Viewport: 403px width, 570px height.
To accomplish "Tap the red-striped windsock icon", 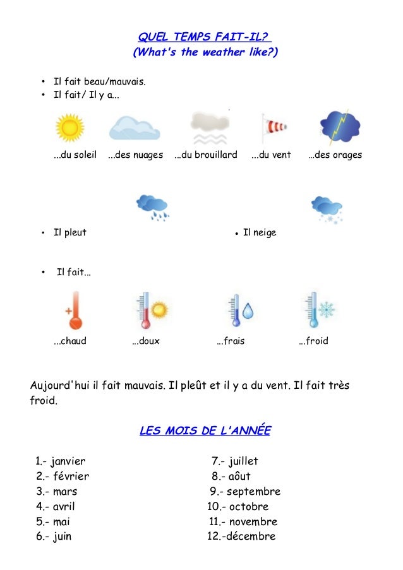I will coord(273,128).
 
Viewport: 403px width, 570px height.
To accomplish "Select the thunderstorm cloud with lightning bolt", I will coord(340,127).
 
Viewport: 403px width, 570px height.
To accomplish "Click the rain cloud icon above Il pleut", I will coord(153,207).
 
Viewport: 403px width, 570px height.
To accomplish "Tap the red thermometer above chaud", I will coord(75,310).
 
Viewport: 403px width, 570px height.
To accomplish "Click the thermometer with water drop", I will coord(241,310).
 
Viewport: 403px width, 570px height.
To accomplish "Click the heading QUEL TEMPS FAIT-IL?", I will coord(205,37).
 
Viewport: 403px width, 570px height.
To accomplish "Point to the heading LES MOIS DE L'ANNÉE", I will coord(205,431).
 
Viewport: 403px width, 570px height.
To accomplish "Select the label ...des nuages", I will coord(135,155).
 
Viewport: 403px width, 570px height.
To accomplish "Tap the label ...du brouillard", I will coord(205,155).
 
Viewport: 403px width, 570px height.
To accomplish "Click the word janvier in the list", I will coord(68,461).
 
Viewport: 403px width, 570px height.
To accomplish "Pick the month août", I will coord(239,477).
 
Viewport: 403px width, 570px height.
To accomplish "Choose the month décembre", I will coord(249,537).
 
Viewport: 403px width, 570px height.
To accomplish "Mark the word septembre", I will coord(253,492).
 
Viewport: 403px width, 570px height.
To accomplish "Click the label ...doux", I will coord(145,341).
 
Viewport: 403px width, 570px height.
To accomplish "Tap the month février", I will coord(70,477).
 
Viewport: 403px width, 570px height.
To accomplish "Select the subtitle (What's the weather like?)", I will coord(205,52).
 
